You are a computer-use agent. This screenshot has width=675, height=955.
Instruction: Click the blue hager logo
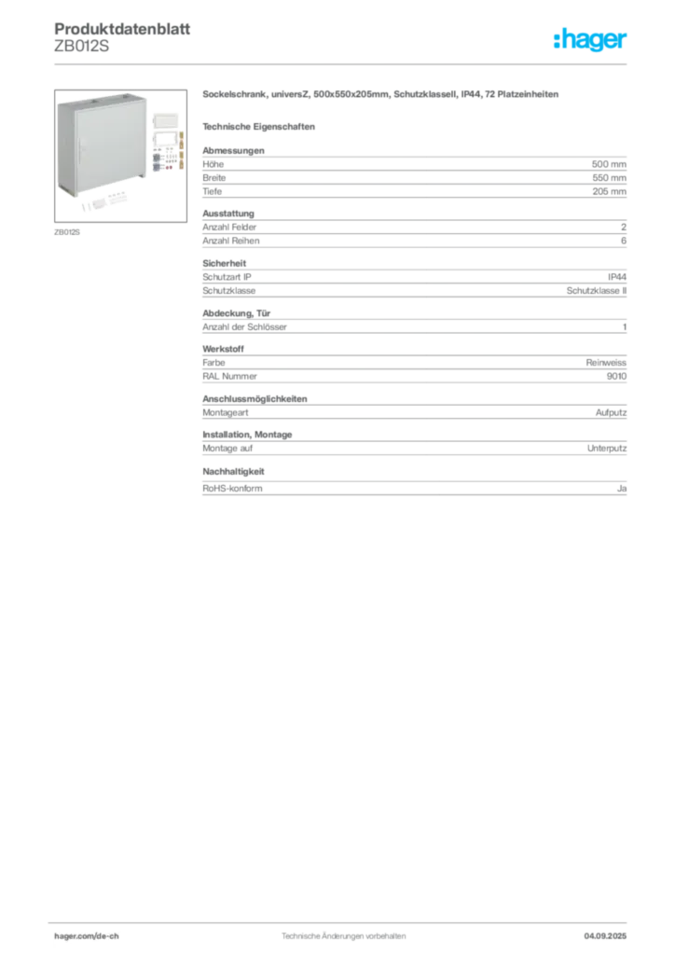tap(591, 40)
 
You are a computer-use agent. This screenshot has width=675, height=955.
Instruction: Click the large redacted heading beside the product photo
tap(382, 96)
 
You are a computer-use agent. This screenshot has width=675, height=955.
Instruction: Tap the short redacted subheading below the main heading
tap(262, 126)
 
